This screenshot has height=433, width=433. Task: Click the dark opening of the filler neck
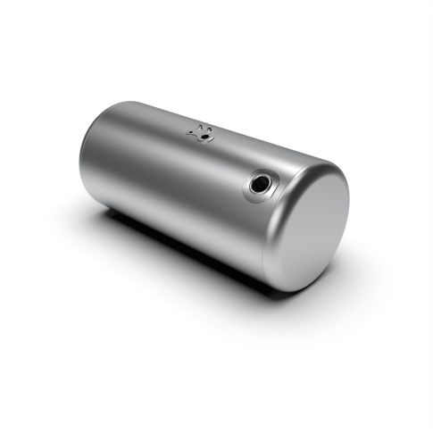click(260, 186)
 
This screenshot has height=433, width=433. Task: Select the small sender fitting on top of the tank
click(203, 132)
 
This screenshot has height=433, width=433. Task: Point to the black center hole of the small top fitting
click(203, 133)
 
